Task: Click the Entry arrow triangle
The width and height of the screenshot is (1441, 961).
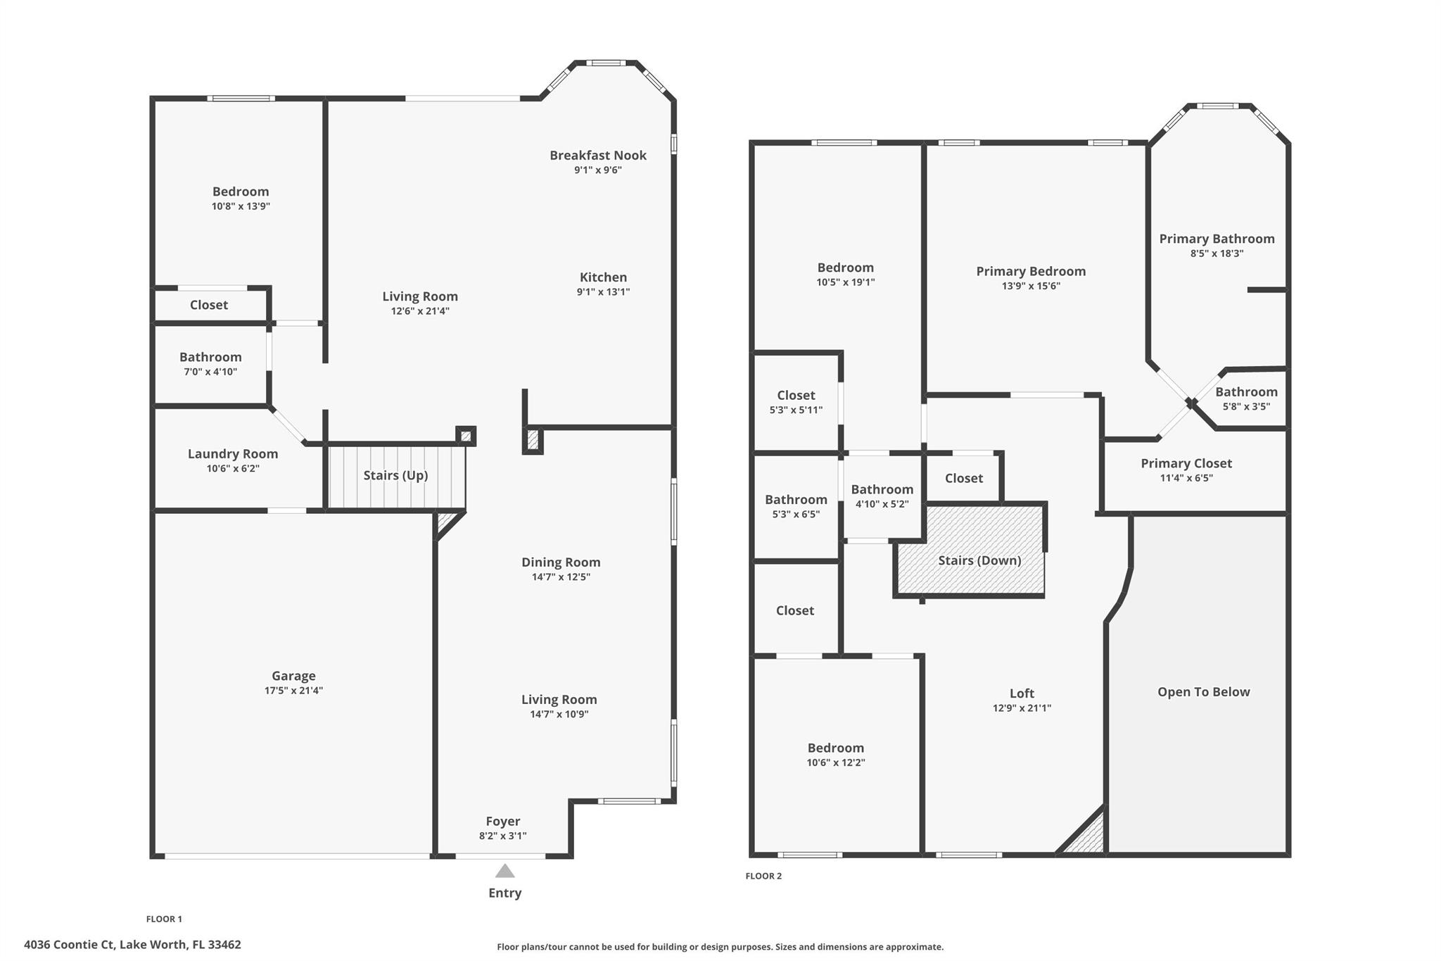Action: click(x=504, y=872)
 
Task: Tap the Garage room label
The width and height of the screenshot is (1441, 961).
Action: click(x=293, y=676)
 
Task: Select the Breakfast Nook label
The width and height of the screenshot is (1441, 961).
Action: click(x=597, y=156)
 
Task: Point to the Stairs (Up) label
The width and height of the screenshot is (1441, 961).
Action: click(x=395, y=475)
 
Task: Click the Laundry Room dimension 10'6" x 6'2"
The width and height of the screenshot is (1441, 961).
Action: click(x=233, y=469)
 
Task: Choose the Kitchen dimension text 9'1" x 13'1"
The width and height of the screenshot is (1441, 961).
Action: click(x=603, y=292)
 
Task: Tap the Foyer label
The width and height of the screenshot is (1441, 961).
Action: click(x=502, y=822)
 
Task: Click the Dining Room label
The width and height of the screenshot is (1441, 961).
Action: click(x=561, y=563)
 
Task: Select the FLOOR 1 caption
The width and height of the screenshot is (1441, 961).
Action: click(x=164, y=919)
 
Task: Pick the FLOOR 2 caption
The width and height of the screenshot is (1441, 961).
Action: click(x=763, y=877)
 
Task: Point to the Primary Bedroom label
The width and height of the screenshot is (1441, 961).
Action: click(x=1031, y=272)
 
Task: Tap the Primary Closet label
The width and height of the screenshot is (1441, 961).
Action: click(x=1186, y=463)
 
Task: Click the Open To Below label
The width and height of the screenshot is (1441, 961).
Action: click(x=1203, y=692)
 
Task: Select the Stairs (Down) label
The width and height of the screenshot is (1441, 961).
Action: click(x=979, y=560)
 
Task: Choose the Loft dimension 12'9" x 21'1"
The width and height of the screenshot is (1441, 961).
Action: click(x=1022, y=708)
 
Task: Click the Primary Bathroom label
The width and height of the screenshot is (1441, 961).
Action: click(x=1217, y=239)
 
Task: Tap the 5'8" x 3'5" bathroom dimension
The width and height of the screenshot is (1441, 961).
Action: click(x=1246, y=407)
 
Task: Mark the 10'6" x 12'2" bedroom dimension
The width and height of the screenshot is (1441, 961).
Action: click(x=835, y=762)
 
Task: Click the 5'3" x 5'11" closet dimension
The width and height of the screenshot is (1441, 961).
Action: click(x=796, y=410)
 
